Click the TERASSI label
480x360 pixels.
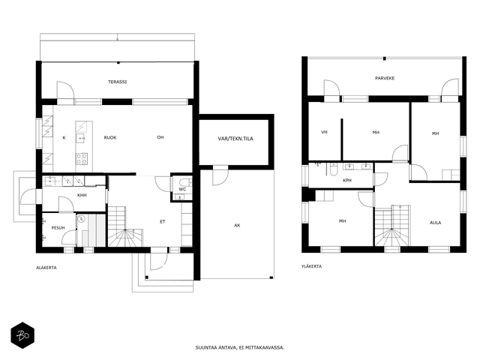point(117,82)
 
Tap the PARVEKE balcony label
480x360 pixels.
point(385,78)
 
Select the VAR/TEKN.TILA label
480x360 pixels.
point(235,139)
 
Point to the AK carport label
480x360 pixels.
point(237,225)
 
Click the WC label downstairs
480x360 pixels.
point(182,189)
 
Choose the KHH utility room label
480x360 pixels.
point(82,195)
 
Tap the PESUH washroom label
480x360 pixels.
point(58,228)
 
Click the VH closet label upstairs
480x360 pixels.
point(325,132)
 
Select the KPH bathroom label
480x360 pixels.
point(347,180)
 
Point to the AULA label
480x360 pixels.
point(435,223)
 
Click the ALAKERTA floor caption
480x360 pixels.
point(46,268)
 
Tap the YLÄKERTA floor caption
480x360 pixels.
point(312,266)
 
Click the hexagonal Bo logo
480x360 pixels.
point(22,335)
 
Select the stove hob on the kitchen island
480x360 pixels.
point(82,158)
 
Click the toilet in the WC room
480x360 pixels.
point(184,181)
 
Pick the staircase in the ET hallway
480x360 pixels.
point(125,226)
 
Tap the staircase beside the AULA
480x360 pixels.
point(392,225)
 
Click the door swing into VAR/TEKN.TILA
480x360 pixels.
point(221,177)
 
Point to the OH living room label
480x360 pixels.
point(160,137)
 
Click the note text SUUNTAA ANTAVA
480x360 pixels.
point(216,347)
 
